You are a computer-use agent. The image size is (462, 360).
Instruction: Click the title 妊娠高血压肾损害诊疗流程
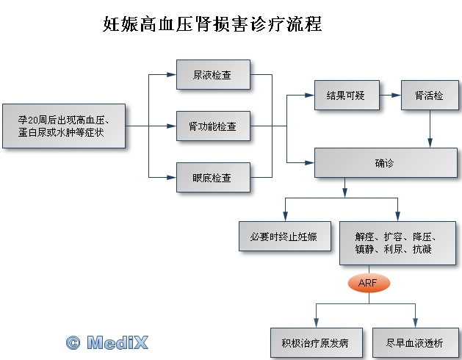212,25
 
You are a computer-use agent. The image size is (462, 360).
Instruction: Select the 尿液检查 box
214,75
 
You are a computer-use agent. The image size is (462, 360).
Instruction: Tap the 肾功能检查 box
214,126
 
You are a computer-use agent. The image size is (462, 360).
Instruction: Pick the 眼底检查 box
214,177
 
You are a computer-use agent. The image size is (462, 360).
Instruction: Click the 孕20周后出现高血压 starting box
64,126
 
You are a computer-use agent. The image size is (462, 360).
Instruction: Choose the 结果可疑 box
347,96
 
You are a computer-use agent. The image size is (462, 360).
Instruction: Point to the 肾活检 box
429,96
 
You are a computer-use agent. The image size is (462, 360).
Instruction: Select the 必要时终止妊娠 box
284,236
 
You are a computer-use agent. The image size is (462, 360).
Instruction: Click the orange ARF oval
368,283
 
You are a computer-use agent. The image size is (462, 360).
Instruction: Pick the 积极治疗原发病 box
316,342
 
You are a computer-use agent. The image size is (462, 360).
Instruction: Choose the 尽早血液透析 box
414,342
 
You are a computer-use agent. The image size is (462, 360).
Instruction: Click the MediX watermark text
118,342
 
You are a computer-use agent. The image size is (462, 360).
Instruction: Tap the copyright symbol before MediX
73,342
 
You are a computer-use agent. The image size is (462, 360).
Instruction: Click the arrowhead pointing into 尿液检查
173,75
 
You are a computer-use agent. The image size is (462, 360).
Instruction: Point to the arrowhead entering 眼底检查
173,177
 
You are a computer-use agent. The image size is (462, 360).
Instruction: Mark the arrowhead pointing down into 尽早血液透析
415,323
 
